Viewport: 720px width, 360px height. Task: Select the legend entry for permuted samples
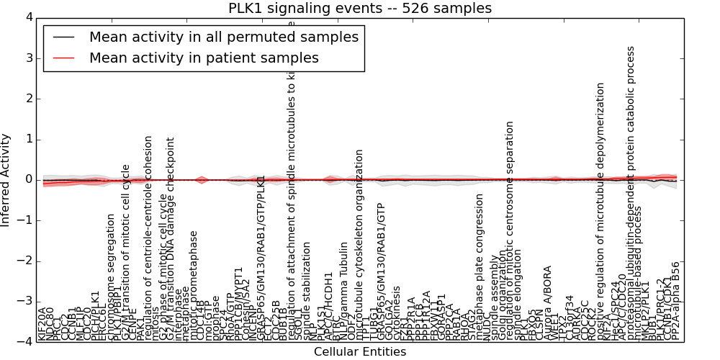[x=223, y=37]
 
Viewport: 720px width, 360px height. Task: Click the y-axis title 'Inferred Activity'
[x=6, y=179]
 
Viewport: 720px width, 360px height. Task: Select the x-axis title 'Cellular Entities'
[x=360, y=351]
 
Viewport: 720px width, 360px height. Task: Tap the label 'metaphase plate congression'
[x=480, y=267]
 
